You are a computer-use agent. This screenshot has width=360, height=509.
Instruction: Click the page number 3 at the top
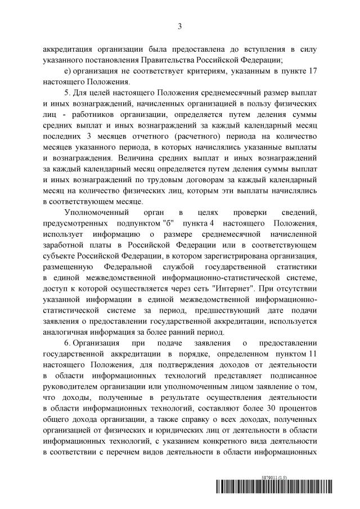[x=179, y=26]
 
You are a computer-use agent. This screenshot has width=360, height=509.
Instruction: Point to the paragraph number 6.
[x=67, y=343]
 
